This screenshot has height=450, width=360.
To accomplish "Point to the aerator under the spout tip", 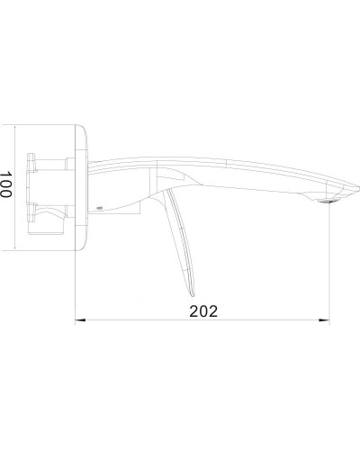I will tap(327, 204).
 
